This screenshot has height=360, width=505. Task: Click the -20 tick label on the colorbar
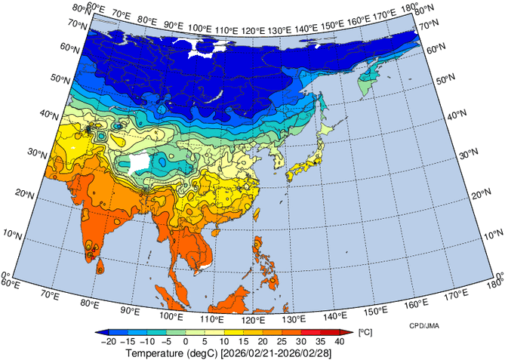coord(106,342)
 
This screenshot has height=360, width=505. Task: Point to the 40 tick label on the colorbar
coord(339,342)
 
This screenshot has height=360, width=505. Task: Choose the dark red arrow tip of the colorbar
coord(348,331)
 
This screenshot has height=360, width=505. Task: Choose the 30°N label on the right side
coord(470,153)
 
